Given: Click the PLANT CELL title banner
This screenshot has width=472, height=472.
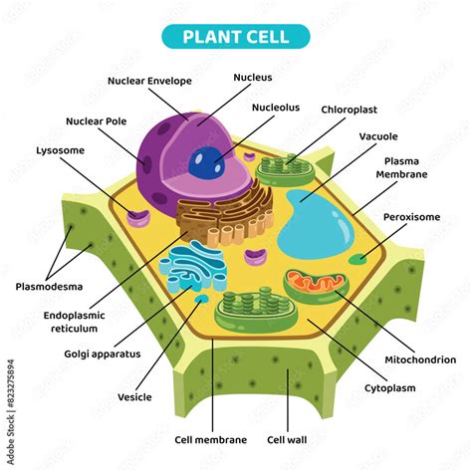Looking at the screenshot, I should [x=236, y=37].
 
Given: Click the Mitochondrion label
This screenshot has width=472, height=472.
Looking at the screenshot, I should [x=419, y=359].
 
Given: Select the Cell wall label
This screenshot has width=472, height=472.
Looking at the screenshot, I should [x=288, y=438].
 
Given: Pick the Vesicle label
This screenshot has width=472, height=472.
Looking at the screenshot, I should [x=134, y=396].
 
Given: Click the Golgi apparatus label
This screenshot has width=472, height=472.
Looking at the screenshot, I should [x=103, y=353].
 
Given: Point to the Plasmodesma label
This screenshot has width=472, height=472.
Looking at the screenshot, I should [x=48, y=287].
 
